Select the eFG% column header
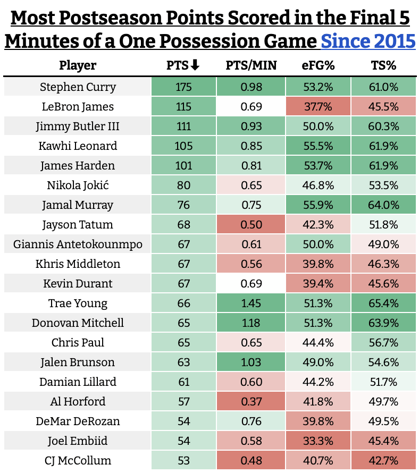pyautogui.click(x=318, y=65)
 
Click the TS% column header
pyautogui.click(x=383, y=65)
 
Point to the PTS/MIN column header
pyautogui.click(x=251, y=65)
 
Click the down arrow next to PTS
pyautogui.click(x=195, y=65)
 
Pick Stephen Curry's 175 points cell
pyautogui.click(x=183, y=87)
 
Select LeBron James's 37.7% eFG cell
pyautogui.click(x=318, y=106)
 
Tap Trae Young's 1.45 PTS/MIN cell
pyautogui.click(x=251, y=303)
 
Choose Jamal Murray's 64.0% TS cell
pyautogui.click(x=383, y=205)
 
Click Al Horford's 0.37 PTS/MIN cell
pyautogui.click(x=251, y=401)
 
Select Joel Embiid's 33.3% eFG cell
pyautogui.click(x=318, y=441)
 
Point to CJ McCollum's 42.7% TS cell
pyautogui.click(x=383, y=460)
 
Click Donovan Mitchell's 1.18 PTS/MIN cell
pyautogui.click(x=251, y=323)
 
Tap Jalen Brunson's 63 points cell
pyautogui.click(x=183, y=362)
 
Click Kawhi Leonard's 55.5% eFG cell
pyautogui.click(x=318, y=146)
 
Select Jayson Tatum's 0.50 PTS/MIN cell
pyautogui.click(x=251, y=224)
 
